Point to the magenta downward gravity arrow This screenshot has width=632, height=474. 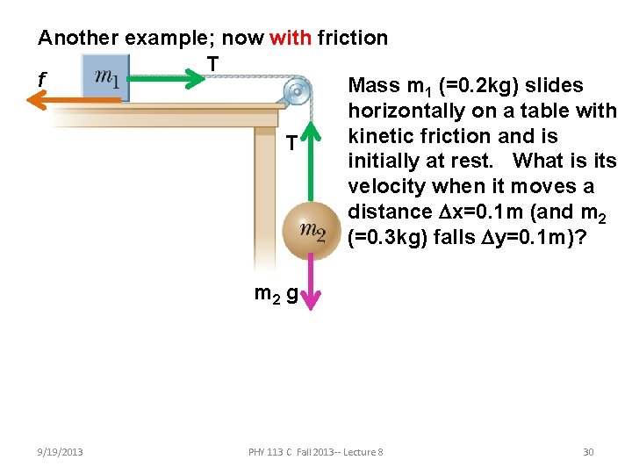(313, 285)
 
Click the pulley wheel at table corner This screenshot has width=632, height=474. (297, 90)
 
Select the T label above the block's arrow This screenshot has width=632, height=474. (212, 61)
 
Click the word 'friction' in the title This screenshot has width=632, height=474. (352, 38)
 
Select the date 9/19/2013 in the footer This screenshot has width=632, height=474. (61, 452)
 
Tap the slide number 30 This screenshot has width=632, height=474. (588, 452)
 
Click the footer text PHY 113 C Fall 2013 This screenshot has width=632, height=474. (316, 452)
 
